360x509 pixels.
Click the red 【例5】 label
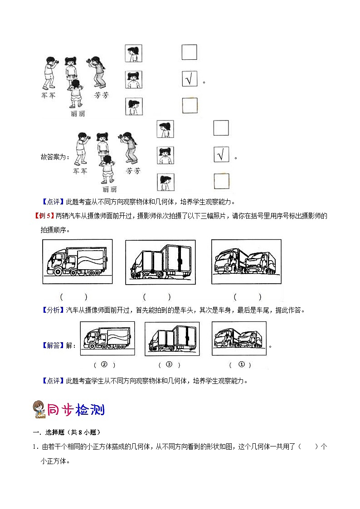click(x=45, y=216)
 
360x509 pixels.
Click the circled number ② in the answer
click(x=104, y=364)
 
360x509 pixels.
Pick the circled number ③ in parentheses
click(x=169, y=364)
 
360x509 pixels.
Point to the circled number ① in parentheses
click(x=241, y=364)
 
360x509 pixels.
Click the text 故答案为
click(x=55, y=157)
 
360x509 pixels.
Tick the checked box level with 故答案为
click(x=221, y=155)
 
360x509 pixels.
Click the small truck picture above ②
click(x=107, y=339)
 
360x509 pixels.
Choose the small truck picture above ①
click(x=239, y=339)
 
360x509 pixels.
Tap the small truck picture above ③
click(x=172, y=339)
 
